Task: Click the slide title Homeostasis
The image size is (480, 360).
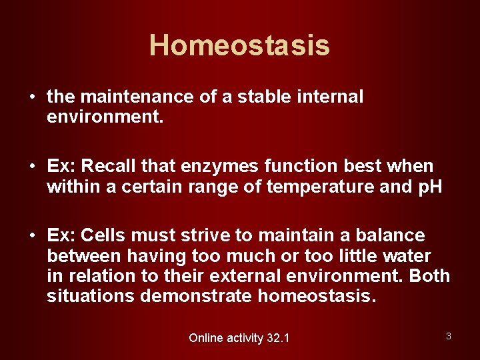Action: (239, 45)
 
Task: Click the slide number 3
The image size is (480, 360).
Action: (449, 336)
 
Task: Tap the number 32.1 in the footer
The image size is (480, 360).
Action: (277, 338)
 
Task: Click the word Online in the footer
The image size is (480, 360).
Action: (206, 338)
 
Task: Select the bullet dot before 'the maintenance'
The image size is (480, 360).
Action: (31, 97)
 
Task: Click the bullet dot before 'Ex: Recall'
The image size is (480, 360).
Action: (31, 167)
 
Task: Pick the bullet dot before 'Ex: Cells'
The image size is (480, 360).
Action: (31, 236)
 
